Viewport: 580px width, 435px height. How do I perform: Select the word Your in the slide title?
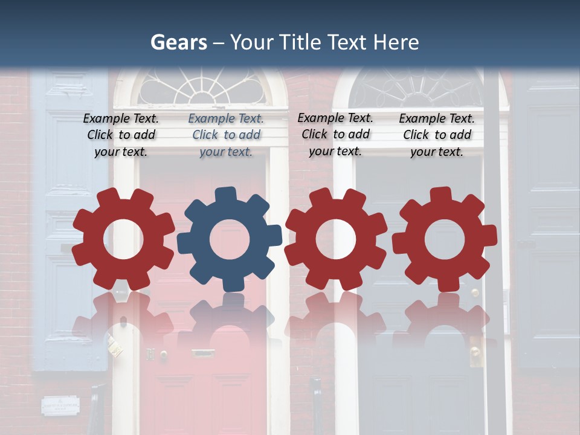coord(251,42)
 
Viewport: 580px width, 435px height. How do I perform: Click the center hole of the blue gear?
coord(230,239)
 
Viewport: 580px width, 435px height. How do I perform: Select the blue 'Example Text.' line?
coord(226,119)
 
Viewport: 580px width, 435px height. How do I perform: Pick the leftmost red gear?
coord(123,239)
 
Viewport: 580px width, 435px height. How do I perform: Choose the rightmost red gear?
coord(444,239)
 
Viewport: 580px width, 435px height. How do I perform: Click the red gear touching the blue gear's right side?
coord(335,239)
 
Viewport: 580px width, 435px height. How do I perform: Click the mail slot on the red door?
coord(203,353)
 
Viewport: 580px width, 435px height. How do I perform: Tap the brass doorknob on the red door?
coord(164,354)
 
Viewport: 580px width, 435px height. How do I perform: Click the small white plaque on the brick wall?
coord(60,405)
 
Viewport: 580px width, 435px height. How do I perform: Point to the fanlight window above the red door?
coord(201,88)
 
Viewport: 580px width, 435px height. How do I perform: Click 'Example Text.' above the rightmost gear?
coord(437,119)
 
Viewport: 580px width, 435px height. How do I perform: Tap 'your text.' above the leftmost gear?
coord(121,152)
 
